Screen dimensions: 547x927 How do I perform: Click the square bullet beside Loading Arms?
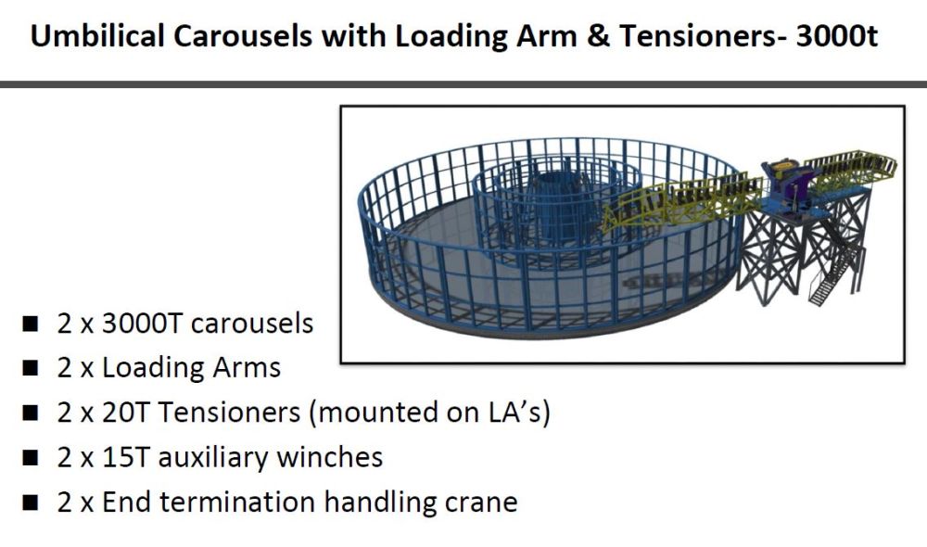pyautogui.click(x=32, y=369)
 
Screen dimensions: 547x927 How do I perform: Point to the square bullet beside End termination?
pyautogui.click(x=32, y=502)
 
